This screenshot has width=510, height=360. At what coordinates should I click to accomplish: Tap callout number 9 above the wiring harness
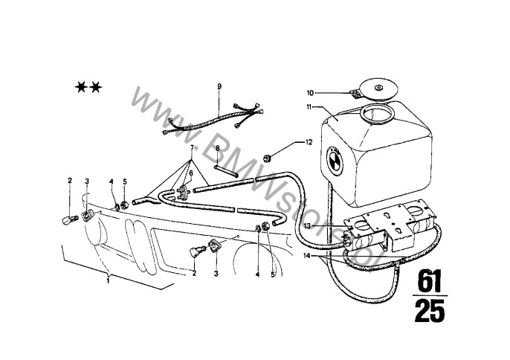coord(219,88)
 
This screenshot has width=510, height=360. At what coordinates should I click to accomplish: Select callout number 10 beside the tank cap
coord(310,93)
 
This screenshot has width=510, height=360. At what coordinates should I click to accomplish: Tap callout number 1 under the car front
coord(109,281)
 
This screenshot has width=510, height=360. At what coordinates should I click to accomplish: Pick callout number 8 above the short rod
coord(216,149)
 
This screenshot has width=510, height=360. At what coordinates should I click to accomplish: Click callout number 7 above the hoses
coord(192,149)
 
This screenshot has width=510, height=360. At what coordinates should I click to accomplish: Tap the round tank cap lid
coord(379,89)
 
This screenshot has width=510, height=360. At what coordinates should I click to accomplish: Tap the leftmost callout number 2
coord(70,180)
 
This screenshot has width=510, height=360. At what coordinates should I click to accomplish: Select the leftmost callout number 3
coord(87,181)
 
